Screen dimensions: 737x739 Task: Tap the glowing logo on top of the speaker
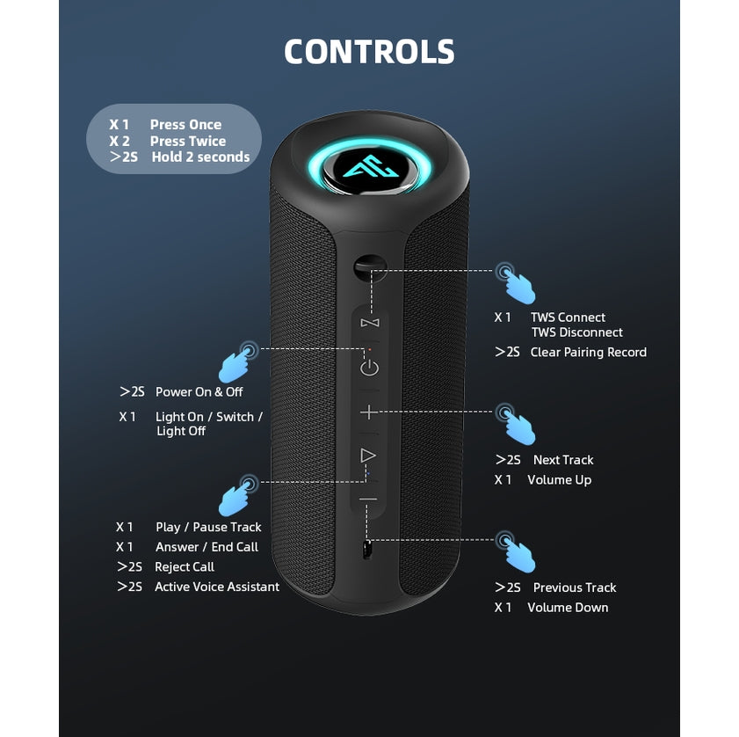click(368, 168)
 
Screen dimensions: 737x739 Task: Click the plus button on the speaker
click(369, 412)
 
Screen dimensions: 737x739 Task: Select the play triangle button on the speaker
click(368, 456)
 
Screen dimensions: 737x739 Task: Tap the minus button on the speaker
click(368, 500)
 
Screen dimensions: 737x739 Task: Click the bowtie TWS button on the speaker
click(369, 323)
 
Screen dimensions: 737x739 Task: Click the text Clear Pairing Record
click(588, 352)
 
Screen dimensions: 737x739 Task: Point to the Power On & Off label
click(199, 391)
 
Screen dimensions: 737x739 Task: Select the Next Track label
click(563, 460)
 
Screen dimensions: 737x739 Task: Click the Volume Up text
click(559, 480)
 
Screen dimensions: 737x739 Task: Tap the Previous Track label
click(575, 587)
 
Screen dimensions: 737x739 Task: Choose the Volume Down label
click(568, 608)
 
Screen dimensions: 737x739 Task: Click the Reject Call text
click(185, 567)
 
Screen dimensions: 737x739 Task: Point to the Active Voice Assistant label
click(217, 587)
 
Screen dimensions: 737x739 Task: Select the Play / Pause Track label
click(208, 527)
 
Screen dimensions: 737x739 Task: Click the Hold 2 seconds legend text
click(200, 157)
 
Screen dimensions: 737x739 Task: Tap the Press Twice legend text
click(187, 141)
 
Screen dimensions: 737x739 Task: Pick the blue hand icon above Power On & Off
click(236, 362)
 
